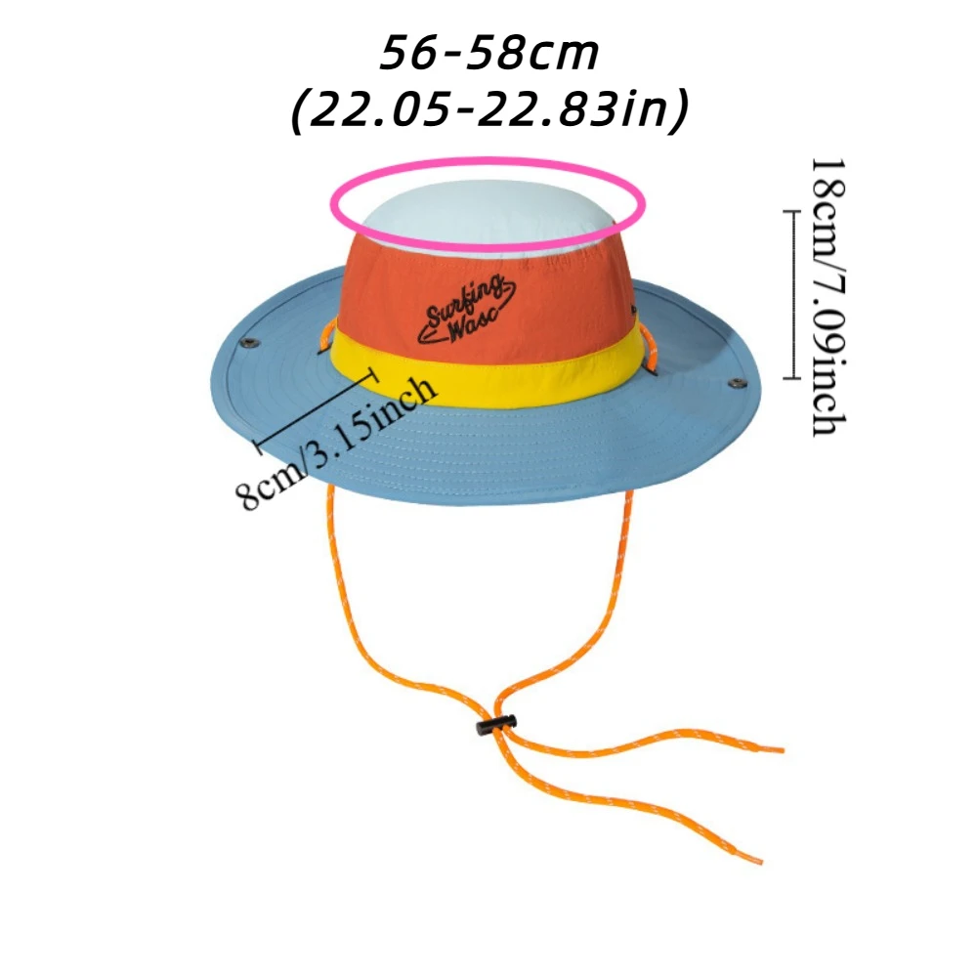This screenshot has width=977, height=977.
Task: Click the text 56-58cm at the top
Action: [x=488, y=54]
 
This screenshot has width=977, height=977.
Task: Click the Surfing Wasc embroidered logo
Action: [x=468, y=311]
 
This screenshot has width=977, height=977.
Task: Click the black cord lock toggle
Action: [x=495, y=725]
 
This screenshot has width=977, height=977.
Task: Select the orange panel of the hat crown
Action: [x=547, y=293]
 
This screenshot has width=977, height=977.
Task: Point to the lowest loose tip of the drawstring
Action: [x=756, y=860]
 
